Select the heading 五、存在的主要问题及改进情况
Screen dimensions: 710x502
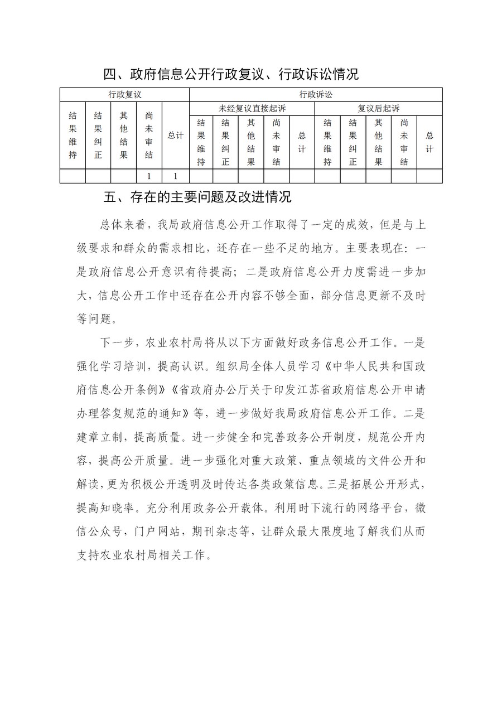[x=197, y=197]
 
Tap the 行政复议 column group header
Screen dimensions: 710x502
[x=124, y=94]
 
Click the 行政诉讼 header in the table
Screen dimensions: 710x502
[x=316, y=94]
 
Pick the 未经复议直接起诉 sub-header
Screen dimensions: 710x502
[x=252, y=108]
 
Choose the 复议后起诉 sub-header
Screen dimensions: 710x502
[x=378, y=108]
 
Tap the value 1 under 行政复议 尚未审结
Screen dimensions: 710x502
[x=149, y=176]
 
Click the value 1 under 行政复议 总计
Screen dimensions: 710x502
[x=176, y=176]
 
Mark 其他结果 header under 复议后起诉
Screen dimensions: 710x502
[x=378, y=142]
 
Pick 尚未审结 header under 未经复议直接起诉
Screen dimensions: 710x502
[x=277, y=142]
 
